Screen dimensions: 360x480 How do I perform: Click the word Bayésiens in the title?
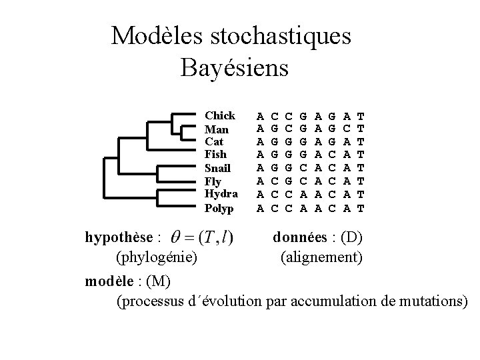(x=234, y=67)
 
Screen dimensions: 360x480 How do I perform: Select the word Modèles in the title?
(x=149, y=36)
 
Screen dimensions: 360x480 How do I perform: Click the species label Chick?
(x=219, y=115)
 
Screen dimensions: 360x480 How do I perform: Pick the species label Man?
(x=217, y=129)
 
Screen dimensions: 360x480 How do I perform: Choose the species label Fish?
(x=216, y=155)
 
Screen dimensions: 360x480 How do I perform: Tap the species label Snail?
(x=218, y=167)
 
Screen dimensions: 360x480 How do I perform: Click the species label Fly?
(x=214, y=181)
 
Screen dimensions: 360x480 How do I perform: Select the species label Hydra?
(x=221, y=194)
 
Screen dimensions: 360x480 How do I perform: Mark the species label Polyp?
(x=219, y=207)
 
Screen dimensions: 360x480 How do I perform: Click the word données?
(x=299, y=237)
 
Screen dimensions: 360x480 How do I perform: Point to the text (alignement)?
(x=321, y=256)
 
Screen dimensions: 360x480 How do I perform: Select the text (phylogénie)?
(x=156, y=256)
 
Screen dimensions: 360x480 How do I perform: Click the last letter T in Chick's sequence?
(x=361, y=115)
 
